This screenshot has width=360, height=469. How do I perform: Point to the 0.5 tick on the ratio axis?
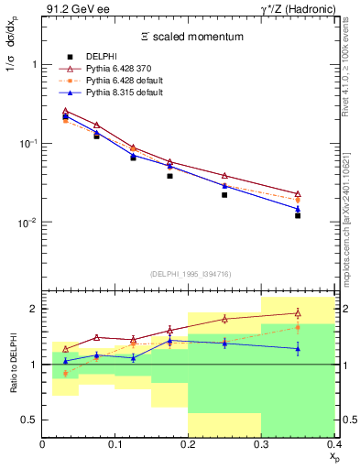30,420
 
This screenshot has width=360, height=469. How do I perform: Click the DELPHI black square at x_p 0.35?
298,215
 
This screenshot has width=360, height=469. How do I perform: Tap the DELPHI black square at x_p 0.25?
224,195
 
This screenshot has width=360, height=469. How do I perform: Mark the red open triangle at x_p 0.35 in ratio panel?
298,313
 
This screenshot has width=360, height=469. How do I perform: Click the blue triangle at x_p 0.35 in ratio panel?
298,349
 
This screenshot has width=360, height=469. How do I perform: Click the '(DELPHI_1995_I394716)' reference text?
188,274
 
